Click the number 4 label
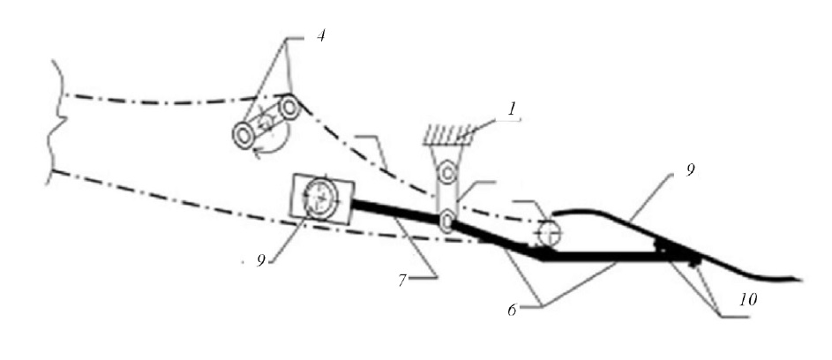[320, 37]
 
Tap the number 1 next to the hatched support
[511, 110]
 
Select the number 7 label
[402, 280]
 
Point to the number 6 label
[512, 310]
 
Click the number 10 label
[746, 299]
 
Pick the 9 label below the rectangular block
[260, 260]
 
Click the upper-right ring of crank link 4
[289, 109]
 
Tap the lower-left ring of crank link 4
[244, 136]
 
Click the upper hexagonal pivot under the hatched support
[447, 172]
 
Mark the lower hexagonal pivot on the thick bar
[446, 220]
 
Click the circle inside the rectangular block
[320, 199]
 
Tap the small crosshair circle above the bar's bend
[549, 233]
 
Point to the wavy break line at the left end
[57, 122]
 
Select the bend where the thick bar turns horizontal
[541, 258]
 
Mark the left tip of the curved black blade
[554, 214]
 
